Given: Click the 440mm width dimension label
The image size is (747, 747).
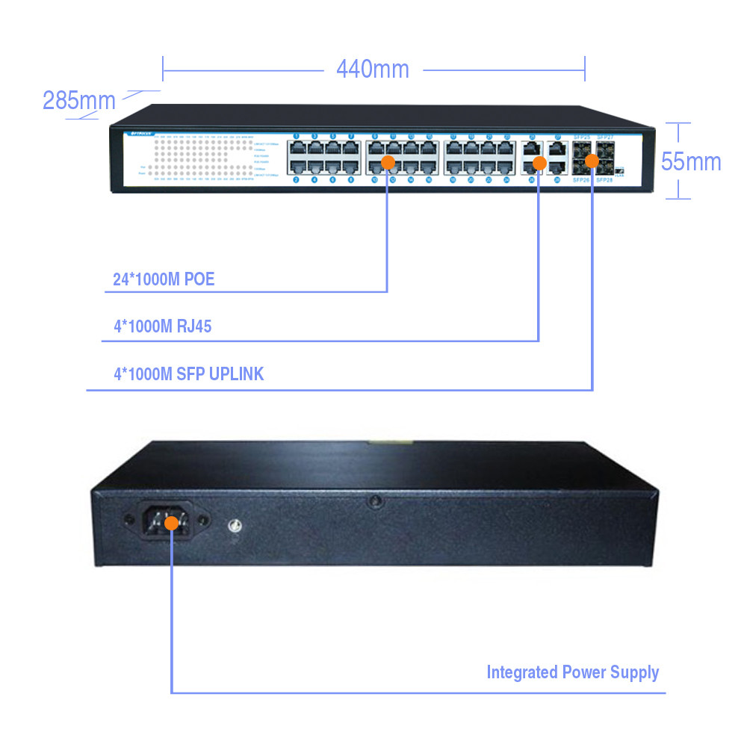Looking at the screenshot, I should pyautogui.click(x=373, y=69).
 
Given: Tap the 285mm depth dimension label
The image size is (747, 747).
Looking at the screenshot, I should pyautogui.click(x=78, y=100).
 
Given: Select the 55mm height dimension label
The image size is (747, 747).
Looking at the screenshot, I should pyautogui.click(x=691, y=161).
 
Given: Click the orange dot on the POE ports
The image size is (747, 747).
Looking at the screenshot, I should pyautogui.click(x=388, y=162).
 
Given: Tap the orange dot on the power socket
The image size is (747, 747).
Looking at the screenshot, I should pyautogui.click(x=172, y=523).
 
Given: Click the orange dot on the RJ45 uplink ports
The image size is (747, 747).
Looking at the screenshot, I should pyautogui.click(x=539, y=164).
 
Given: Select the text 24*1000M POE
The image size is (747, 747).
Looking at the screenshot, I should pyautogui.click(x=164, y=280).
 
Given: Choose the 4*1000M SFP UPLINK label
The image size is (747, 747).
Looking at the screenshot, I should pyautogui.click(x=188, y=374).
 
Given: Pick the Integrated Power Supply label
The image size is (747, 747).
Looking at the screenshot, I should pyautogui.click(x=573, y=672).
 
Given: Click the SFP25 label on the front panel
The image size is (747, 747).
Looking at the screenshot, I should pyautogui.click(x=582, y=139).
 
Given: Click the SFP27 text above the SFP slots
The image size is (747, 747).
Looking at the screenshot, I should pyautogui.click(x=604, y=139).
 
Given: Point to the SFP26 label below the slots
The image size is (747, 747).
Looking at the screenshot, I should pyautogui.click(x=582, y=181).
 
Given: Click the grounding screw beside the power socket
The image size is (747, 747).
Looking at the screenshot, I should pyautogui.click(x=235, y=526).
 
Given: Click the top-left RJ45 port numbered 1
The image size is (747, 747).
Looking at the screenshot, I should pyautogui.click(x=297, y=148).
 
